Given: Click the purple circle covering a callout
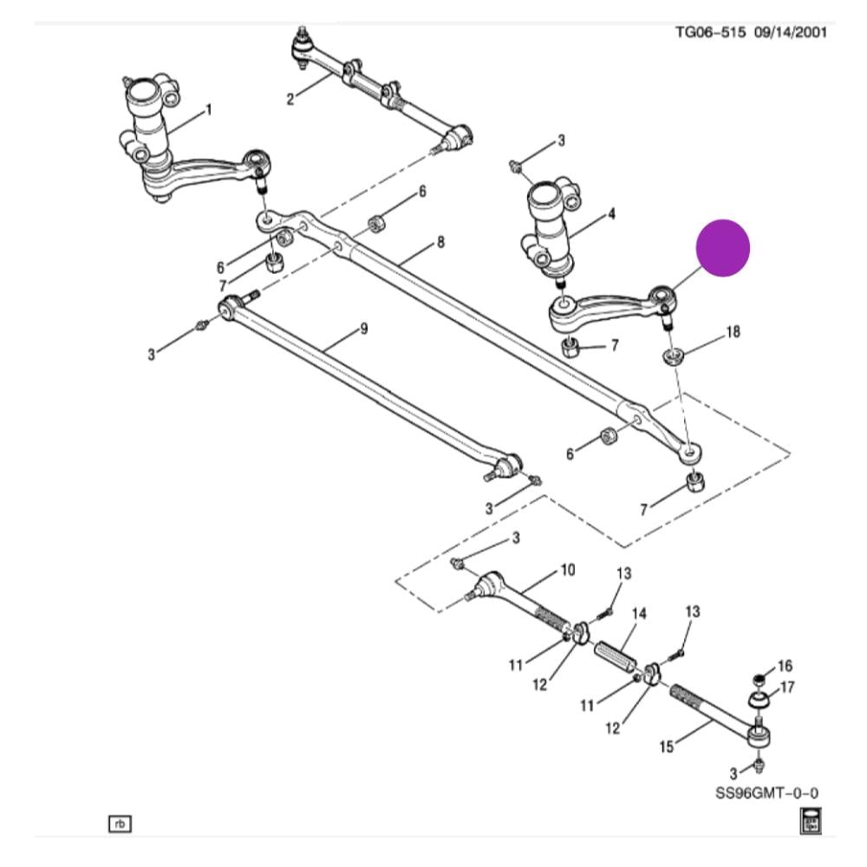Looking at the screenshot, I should pyautogui.click(x=723, y=249).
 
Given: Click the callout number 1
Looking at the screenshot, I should pyautogui.click(x=208, y=110).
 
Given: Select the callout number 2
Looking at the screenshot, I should pyautogui.click(x=290, y=100).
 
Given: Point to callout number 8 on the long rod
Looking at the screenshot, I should pyautogui.click(x=440, y=243).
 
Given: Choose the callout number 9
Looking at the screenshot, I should pyautogui.click(x=364, y=329).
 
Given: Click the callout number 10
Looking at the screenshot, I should pyautogui.click(x=567, y=570).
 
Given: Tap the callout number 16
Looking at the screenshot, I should pyautogui.click(x=785, y=666).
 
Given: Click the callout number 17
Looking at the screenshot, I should pyautogui.click(x=787, y=688).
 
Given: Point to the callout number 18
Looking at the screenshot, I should pyautogui.click(x=733, y=332).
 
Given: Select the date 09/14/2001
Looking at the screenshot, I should pyautogui.click(x=789, y=33).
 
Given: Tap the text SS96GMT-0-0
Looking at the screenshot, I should pyautogui.click(x=767, y=793).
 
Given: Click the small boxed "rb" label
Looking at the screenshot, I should pyautogui.click(x=120, y=822).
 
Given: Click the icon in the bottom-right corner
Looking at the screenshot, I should pyautogui.click(x=810, y=820).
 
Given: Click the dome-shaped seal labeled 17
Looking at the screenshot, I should pyautogui.click(x=759, y=698).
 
